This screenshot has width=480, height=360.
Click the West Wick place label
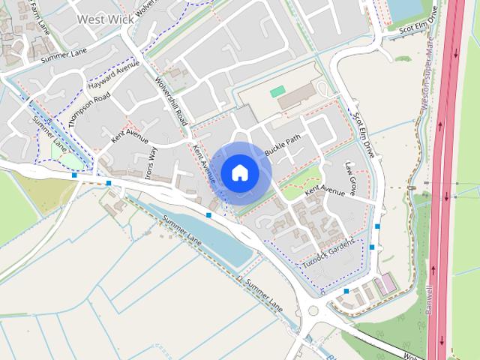[105, 19]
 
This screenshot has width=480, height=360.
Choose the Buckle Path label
[283, 145]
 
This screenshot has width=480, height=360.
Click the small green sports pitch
[277, 91]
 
